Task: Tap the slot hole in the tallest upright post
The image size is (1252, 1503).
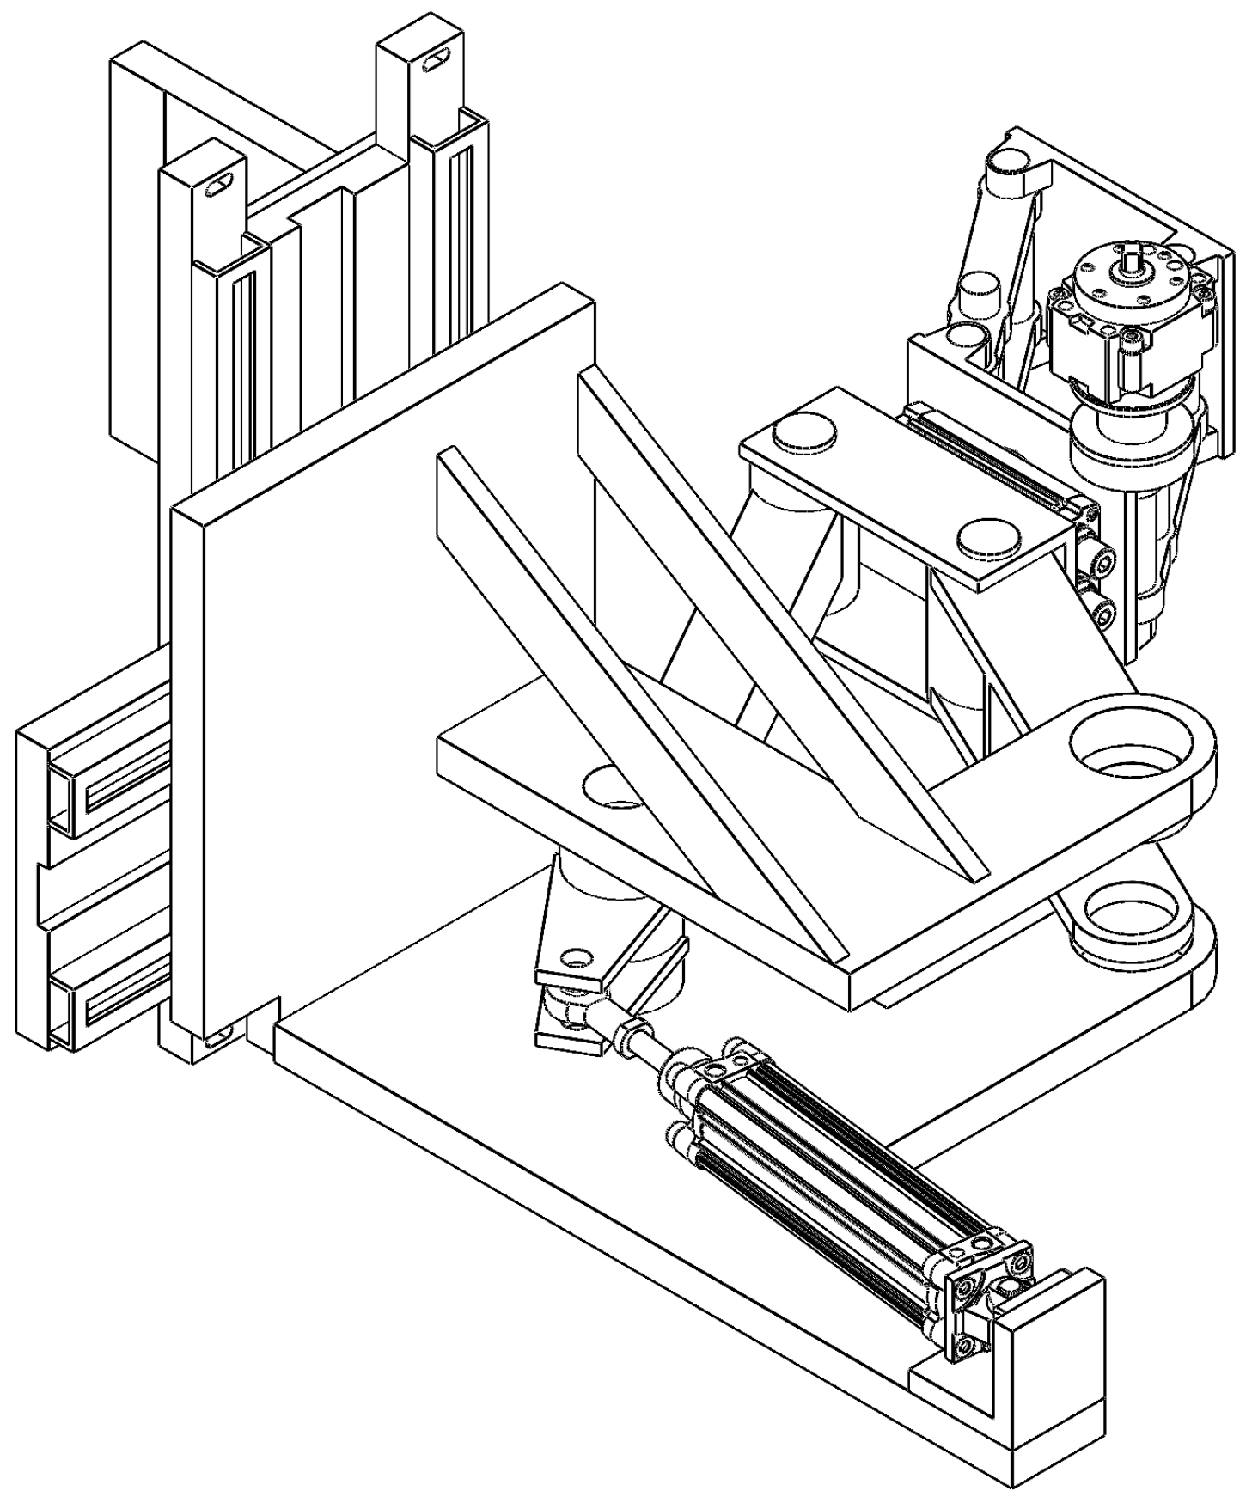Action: pyautogui.click(x=437, y=62)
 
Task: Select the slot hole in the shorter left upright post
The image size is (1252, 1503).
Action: pyautogui.click(x=221, y=183)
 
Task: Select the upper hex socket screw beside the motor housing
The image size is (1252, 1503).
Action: pyautogui.click(x=1102, y=562)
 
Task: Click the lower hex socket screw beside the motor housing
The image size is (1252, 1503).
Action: pyautogui.click(x=1102, y=614)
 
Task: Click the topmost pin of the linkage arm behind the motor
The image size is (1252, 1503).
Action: pyautogui.click(x=1012, y=160)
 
